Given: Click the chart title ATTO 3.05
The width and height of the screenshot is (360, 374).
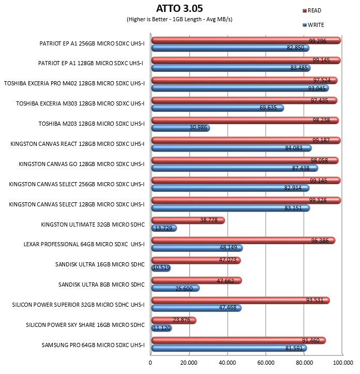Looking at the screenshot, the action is click(179, 8).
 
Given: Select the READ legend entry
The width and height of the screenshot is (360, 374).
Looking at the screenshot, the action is click(312, 10).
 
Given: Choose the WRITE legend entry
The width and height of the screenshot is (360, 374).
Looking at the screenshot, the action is click(313, 25).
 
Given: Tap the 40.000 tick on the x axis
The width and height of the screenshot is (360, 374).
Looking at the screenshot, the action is click(227, 363).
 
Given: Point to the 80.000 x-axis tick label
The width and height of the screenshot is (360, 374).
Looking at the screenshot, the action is click(304, 363).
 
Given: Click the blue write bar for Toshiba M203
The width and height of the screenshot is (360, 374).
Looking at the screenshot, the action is click(181, 128).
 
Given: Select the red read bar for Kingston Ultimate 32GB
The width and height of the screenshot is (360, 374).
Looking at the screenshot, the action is click(188, 220).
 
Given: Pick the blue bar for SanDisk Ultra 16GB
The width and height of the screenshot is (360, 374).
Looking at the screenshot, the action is click(161, 268).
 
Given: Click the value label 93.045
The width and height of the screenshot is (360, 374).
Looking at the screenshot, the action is click(317, 88).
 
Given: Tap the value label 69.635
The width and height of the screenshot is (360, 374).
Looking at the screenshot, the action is click(268, 108).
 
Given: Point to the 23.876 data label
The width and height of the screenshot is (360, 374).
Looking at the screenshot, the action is click(182, 320).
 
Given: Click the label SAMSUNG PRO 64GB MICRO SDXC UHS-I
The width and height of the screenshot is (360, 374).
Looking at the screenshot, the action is click(93, 345).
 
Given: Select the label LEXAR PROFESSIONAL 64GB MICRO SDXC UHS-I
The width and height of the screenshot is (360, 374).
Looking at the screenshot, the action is click(84, 244).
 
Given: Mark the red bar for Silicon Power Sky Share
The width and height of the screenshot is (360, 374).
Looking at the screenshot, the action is click(174, 321).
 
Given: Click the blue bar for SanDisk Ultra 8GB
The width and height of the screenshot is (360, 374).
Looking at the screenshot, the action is click(175, 288).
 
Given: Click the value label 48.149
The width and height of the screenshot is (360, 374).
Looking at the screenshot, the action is click(228, 247).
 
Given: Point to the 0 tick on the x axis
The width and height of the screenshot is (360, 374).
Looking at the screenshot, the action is click(150, 363).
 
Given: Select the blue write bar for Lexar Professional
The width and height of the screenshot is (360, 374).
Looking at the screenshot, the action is click(197, 248).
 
